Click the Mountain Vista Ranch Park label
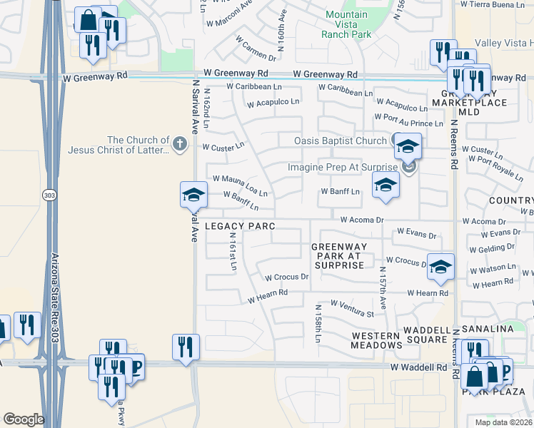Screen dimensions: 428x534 [x=346, y=24]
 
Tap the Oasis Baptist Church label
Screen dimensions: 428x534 [x=341, y=141]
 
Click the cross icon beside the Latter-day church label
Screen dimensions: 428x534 [x=179, y=145]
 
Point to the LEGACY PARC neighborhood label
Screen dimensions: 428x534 [x=240, y=226]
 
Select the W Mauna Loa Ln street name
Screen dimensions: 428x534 [x=240, y=185]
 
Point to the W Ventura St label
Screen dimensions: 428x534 [x=351, y=309]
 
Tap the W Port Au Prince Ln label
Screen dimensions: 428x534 [x=408, y=120]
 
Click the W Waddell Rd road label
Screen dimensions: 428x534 [x=418, y=367]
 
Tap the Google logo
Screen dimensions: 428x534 [x=24, y=419]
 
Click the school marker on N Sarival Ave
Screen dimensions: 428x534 [x=193, y=195]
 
